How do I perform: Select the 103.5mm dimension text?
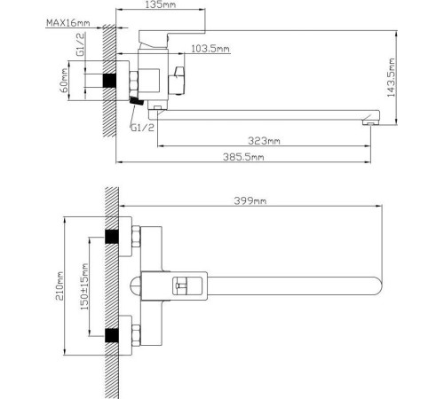tap(210, 49)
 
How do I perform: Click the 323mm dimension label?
tap(265, 141)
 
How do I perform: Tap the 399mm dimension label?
tap(250, 201)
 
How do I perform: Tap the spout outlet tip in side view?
tap(368, 123)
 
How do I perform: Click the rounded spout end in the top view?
tap(377, 285)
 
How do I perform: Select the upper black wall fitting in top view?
tap(113, 236)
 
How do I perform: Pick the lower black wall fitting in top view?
tap(113, 334)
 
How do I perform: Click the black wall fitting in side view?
tap(112, 82)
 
